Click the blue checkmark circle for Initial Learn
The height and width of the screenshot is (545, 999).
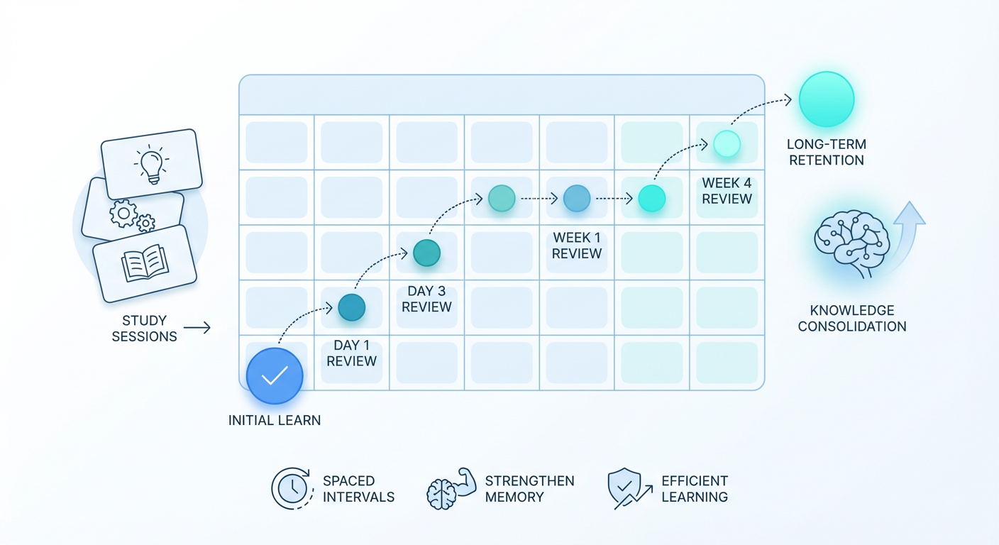[275, 376]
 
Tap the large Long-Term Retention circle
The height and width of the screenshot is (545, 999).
[827, 99]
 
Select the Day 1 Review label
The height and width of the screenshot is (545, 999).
[351, 353]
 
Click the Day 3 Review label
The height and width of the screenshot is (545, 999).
[427, 299]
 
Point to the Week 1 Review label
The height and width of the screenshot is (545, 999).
[577, 246]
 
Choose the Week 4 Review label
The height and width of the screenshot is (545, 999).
[727, 191]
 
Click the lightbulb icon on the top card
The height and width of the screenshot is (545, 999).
[152, 164]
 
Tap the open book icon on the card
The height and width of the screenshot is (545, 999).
[145, 263]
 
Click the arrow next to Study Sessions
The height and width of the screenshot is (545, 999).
[197, 328]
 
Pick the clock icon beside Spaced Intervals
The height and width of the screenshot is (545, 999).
[292, 488]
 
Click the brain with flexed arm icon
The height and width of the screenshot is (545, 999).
[451, 489]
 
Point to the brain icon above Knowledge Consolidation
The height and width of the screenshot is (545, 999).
[852, 243]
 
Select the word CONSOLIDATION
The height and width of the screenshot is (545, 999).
[852, 326]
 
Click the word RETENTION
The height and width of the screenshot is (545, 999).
[827, 160]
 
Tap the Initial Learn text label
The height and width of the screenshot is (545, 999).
[275, 420]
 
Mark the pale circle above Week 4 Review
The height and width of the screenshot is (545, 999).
[727, 143]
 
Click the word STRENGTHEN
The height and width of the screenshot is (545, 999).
[530, 480]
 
